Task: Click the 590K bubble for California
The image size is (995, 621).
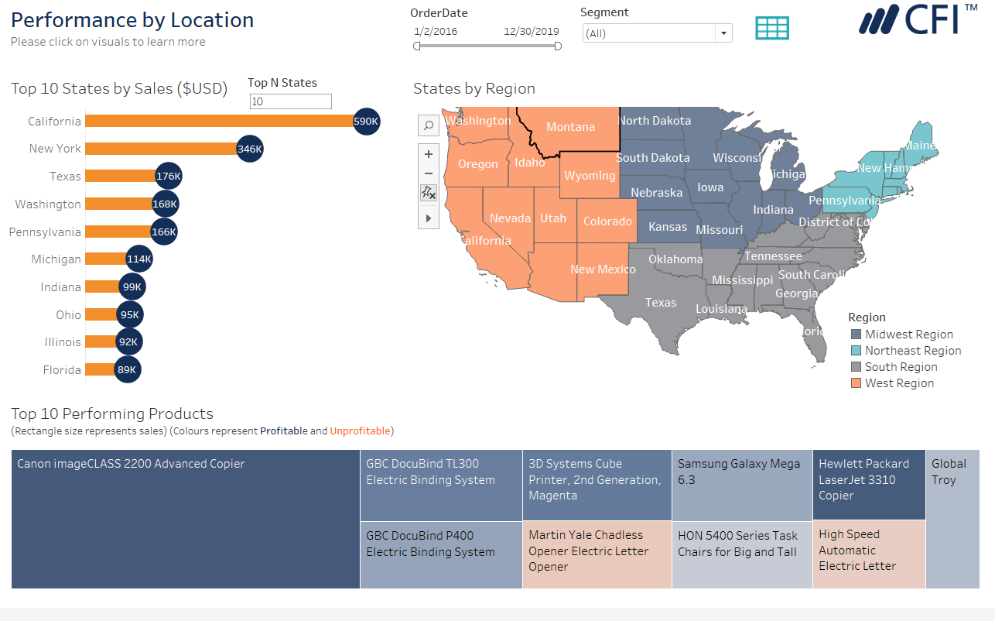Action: click(x=366, y=121)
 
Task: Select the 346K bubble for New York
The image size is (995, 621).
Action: click(x=249, y=149)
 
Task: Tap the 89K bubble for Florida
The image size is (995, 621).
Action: click(x=127, y=370)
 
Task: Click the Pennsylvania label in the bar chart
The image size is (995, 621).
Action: click(x=45, y=232)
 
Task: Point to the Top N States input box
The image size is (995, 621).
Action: click(x=290, y=101)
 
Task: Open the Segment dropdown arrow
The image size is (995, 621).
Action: click(x=723, y=33)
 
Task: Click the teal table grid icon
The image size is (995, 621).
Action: click(x=772, y=28)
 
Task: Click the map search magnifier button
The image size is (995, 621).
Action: click(x=428, y=125)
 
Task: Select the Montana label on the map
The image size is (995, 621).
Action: click(x=570, y=127)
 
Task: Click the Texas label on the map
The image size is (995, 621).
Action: click(x=661, y=303)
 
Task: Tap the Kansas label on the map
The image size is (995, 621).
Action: click(x=667, y=227)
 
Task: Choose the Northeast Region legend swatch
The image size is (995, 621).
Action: click(x=856, y=351)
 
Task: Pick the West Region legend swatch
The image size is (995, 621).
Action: click(x=856, y=383)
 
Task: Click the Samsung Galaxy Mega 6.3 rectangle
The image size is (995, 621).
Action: click(x=741, y=485)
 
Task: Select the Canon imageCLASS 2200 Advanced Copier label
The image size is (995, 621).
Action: click(x=131, y=464)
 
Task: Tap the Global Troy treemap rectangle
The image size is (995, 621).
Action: click(x=952, y=519)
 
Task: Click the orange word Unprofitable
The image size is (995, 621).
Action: click(x=360, y=431)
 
